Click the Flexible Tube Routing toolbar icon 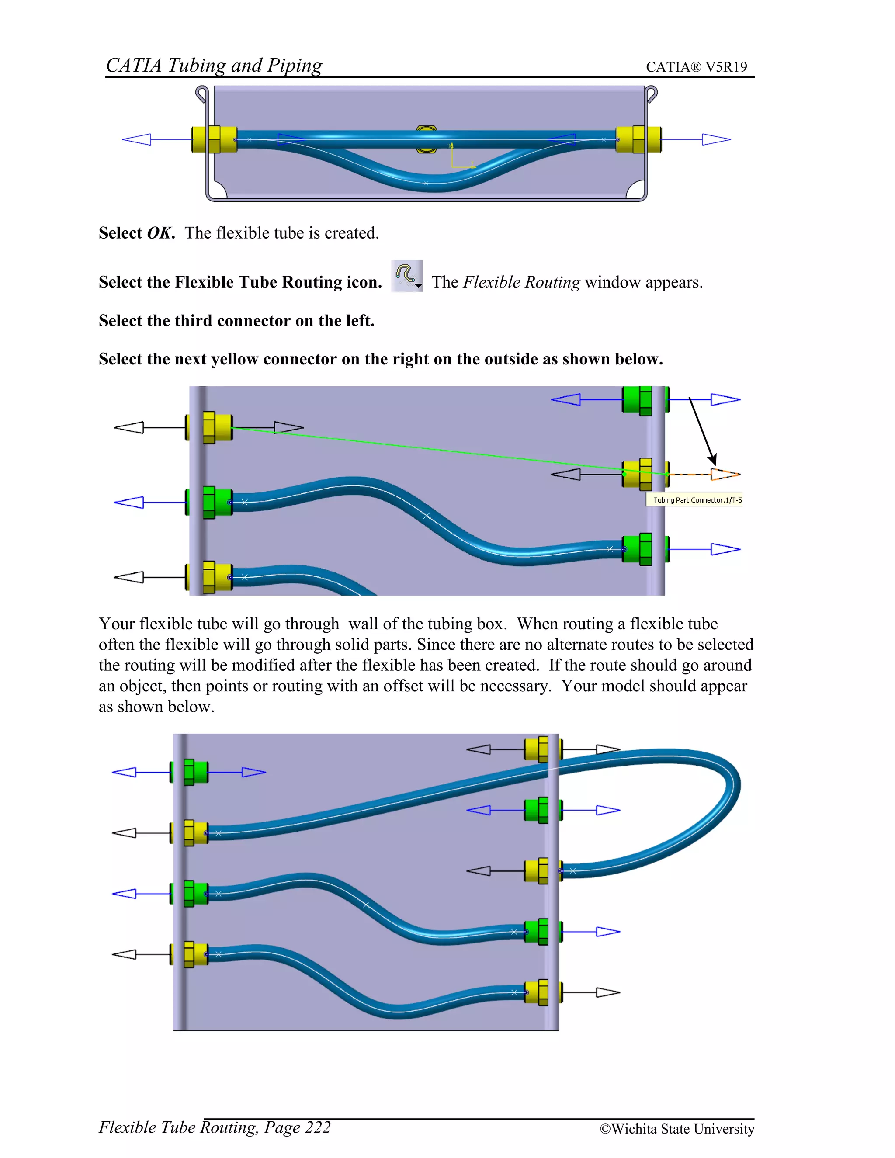pos(407,276)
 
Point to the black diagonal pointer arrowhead pos(713,459)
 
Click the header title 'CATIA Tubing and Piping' pos(214,65)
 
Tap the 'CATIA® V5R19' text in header pos(696,67)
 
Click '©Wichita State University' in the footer pos(676,1129)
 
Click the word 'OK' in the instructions pos(160,233)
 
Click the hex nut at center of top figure pos(426,139)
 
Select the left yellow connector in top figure pos(214,139)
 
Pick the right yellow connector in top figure pos(638,139)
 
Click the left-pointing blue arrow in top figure pos(137,139)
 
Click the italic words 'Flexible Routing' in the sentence pos(521,282)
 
